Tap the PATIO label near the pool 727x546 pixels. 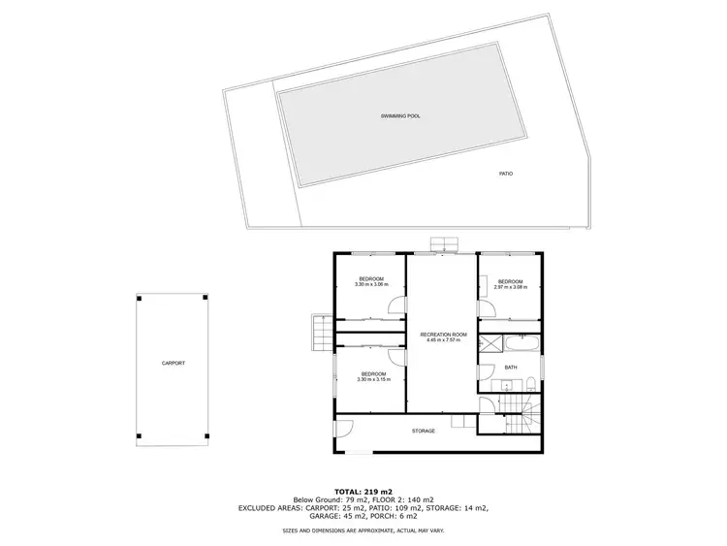506,174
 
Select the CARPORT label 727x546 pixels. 174,363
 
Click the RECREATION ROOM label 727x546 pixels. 444,335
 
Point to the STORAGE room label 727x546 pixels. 424,431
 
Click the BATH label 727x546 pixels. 511,367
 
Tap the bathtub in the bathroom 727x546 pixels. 519,343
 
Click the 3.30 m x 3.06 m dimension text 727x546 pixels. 370,285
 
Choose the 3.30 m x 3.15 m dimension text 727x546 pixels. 373,380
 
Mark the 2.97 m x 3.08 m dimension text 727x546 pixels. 510,286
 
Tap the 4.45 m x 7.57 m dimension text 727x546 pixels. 444,340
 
